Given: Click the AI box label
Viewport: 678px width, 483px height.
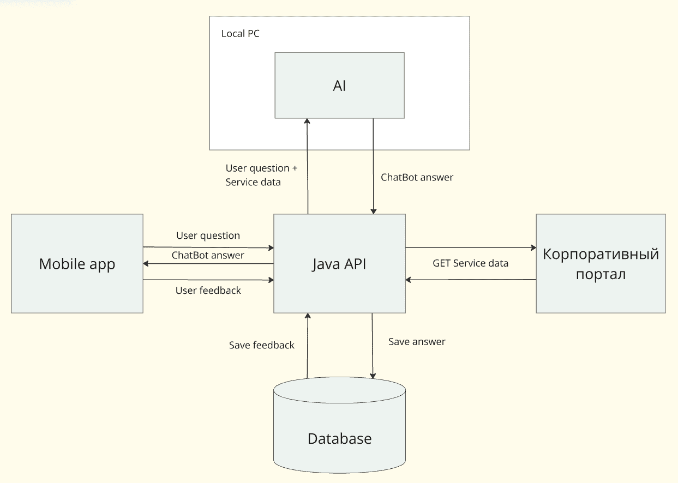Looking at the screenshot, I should click(x=339, y=86).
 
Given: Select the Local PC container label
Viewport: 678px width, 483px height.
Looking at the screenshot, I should click(x=240, y=34).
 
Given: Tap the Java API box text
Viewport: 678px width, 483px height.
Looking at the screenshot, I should click(x=339, y=264).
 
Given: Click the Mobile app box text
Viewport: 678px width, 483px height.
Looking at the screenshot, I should click(x=77, y=264).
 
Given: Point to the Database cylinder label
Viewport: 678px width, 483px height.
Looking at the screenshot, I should click(x=339, y=438).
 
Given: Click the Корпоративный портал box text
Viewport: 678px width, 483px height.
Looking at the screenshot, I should click(x=601, y=264).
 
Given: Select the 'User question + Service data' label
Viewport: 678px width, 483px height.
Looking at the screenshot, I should click(x=261, y=175).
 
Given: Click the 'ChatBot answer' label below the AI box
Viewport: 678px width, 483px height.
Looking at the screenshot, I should click(x=417, y=177).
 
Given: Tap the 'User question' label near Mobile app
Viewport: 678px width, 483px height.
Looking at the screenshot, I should click(x=208, y=236).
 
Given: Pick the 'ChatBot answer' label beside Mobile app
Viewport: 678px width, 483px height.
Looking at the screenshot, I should click(x=208, y=255).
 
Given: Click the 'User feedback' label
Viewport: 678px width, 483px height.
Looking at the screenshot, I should click(x=208, y=291).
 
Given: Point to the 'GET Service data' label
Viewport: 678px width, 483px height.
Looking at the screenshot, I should click(x=470, y=263).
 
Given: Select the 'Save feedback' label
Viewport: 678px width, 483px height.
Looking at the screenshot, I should click(x=262, y=345).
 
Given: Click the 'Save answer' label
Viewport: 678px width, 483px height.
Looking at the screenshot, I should click(x=417, y=342).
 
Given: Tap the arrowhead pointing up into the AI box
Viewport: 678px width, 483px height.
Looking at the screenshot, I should click(x=308, y=122).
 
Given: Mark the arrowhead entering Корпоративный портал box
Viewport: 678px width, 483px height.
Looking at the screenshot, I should click(x=533, y=247).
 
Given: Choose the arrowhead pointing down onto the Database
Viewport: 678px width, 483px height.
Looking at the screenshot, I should click(x=373, y=375).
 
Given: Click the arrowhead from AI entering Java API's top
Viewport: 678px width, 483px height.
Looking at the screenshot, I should click(x=374, y=211).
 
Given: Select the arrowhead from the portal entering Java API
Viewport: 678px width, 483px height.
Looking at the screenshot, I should click(x=409, y=280).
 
